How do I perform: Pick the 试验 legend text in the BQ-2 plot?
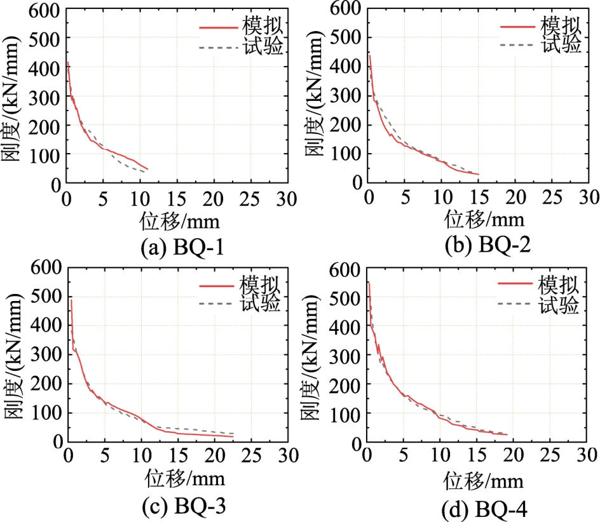[x=562, y=44]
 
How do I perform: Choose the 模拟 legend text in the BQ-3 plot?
[x=261, y=284]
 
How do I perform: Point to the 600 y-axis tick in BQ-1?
[x=44, y=10]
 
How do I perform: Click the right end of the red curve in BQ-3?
[x=233, y=436]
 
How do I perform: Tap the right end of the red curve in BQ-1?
[x=147, y=169]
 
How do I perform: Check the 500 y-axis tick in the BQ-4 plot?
[x=346, y=298]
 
